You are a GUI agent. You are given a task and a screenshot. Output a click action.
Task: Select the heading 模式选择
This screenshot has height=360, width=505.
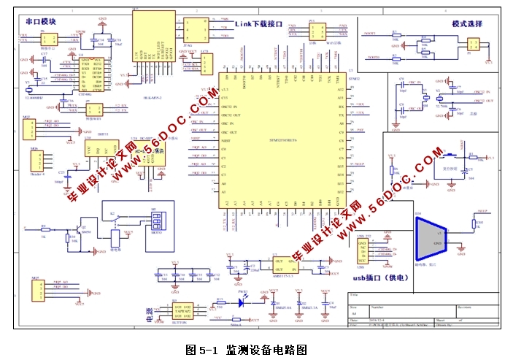click(x=467, y=23)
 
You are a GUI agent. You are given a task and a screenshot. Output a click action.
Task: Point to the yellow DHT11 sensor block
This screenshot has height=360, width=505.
click(x=99, y=151)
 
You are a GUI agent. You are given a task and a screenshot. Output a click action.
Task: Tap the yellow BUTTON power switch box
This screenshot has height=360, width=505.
click(x=182, y=310)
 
